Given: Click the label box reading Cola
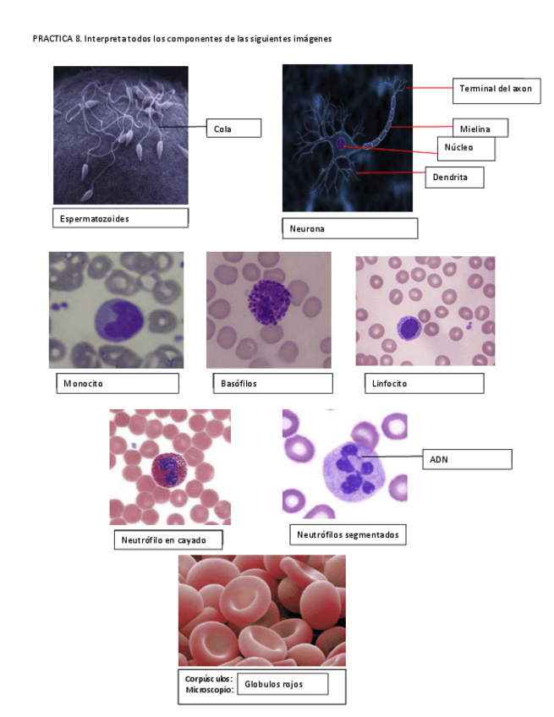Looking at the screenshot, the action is point(233,129).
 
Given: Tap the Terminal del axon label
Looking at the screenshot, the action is point(496,89).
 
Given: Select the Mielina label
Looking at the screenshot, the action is point(480,129).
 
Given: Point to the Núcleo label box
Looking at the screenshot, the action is point(465,148).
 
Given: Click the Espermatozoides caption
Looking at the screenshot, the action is point(119,218).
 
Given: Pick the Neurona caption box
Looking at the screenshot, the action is point(349,228).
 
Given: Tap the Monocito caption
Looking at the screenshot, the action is point(117,383).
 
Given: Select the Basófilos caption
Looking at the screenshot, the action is point(271,383).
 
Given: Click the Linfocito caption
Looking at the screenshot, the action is point(424,383).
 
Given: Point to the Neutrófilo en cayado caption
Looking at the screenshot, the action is point(169,539).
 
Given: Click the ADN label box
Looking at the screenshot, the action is point(467,459).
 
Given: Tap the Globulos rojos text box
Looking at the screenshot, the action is point(282,684).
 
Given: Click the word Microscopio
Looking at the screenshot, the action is point(209,690).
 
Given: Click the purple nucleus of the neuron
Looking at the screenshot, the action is point(341,145).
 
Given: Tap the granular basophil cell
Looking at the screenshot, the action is point(269,300).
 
